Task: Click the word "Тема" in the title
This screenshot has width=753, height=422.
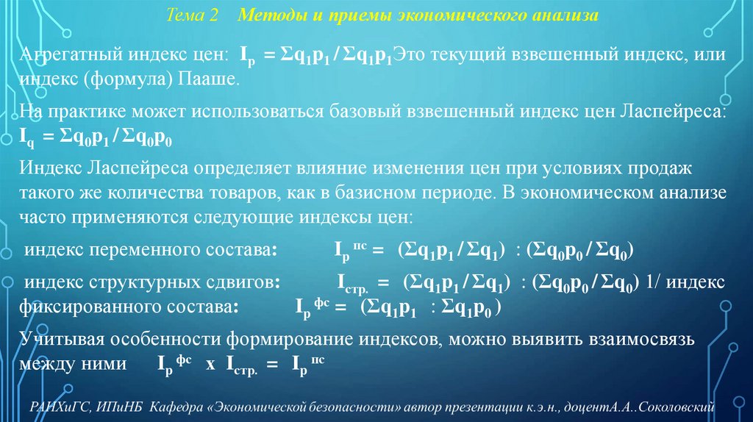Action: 184,15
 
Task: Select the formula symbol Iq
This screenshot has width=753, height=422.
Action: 26,136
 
